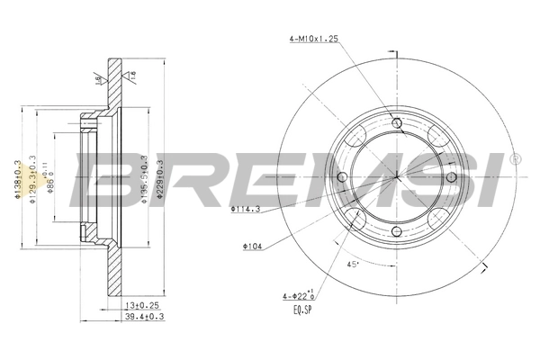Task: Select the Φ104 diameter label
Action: tap(253, 245)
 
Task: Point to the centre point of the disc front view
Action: tap(399, 176)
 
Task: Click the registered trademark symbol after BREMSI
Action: tap(514, 158)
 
